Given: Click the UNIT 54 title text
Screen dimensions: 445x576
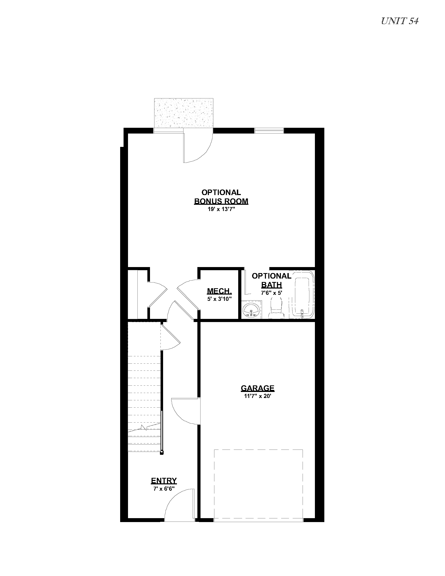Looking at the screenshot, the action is tap(400, 21).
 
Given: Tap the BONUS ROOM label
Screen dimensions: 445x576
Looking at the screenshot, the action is tap(221, 201).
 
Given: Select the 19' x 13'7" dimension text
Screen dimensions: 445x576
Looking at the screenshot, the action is tap(221, 210).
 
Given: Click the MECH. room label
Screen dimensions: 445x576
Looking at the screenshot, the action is tap(219, 291).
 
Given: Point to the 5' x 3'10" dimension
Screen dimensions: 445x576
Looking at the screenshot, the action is tap(219, 299).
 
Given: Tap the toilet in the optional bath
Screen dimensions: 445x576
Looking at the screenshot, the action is tap(276, 308).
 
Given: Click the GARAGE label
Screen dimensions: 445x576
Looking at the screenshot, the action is tap(258, 388).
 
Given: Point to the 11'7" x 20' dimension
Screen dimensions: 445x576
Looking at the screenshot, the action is tap(258, 396).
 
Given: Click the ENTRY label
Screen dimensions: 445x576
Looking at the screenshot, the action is tap(164, 480).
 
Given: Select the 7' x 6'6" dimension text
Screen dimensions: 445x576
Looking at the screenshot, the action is tap(164, 489).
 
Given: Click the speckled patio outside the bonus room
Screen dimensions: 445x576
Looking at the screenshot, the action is tap(184, 113).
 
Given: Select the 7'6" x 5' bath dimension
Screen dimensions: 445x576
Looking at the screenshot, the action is tap(271, 293).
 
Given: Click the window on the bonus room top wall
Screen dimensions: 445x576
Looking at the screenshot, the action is tap(269, 131).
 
